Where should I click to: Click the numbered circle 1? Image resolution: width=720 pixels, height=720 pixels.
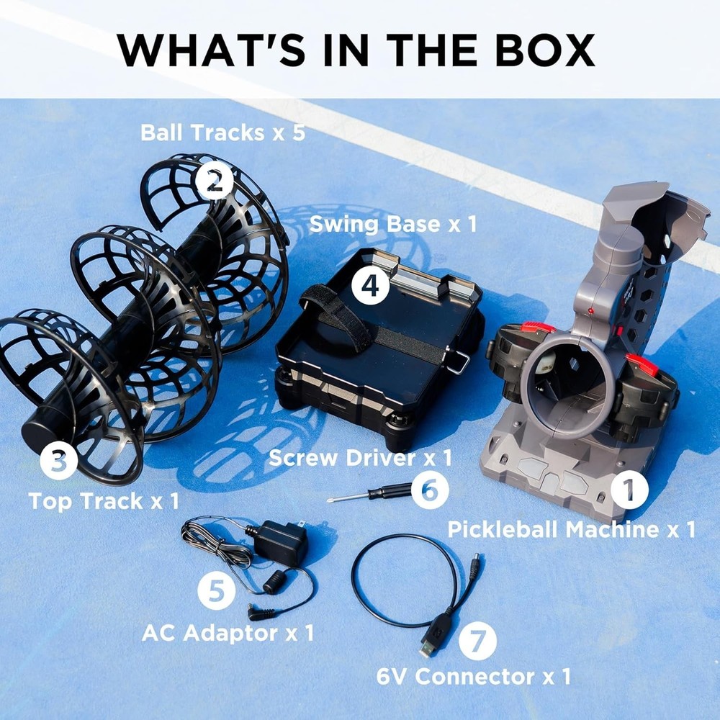(x=629, y=490)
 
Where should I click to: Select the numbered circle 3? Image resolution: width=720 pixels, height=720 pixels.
(x=58, y=461)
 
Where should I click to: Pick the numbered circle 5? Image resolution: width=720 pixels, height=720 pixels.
(x=216, y=591)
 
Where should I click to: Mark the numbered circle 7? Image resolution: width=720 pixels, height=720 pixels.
(x=477, y=641)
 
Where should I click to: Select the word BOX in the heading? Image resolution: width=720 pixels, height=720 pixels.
(x=545, y=50)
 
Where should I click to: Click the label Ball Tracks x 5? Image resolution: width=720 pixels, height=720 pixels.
(x=222, y=132)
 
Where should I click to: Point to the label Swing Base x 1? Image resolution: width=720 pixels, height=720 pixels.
(x=393, y=224)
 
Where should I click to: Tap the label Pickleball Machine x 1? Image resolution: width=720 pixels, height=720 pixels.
(x=571, y=529)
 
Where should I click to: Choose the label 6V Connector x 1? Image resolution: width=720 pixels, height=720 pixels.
(x=474, y=676)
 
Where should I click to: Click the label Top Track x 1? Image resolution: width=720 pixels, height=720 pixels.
(x=104, y=500)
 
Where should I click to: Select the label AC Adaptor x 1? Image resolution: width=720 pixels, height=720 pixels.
(x=228, y=633)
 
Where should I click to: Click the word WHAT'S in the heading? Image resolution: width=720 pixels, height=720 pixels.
(x=211, y=50)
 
